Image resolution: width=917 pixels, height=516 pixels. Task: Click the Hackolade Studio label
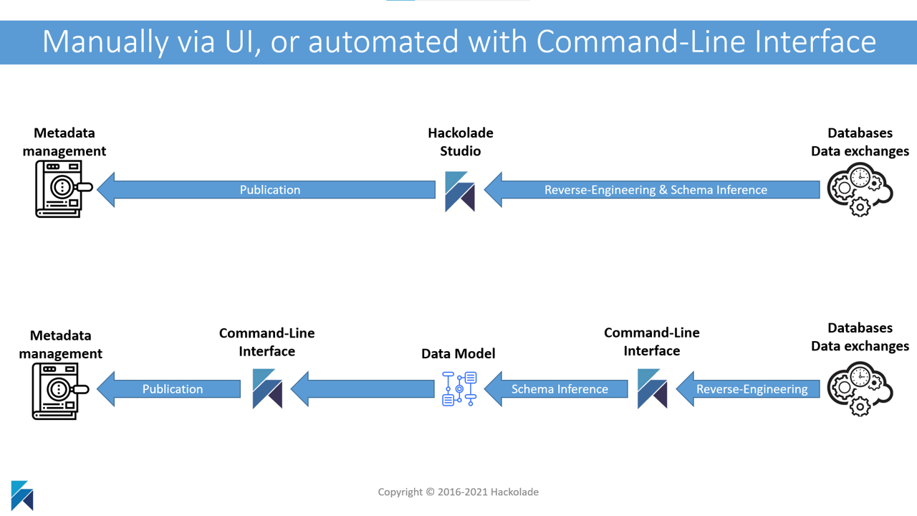[461, 142]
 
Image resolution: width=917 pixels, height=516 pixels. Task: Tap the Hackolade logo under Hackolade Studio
[460, 191]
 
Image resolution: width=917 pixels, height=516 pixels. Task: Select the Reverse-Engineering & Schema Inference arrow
[652, 190]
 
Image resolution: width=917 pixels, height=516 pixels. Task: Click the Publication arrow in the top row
[266, 190]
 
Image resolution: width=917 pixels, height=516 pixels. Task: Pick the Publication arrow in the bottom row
[168, 388]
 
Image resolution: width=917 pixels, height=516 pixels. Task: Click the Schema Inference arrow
[556, 388]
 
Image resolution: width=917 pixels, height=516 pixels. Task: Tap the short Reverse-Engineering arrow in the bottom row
[748, 388]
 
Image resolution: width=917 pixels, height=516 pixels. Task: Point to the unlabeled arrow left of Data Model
[363, 388]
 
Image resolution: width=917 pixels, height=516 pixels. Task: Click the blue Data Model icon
[459, 388]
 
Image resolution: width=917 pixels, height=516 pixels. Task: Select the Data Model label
[458, 353]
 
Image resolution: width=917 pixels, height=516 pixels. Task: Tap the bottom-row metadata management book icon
[60, 391]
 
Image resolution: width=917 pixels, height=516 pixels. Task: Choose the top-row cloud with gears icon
[860, 189]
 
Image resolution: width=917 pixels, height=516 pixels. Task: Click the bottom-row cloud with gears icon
[860, 388]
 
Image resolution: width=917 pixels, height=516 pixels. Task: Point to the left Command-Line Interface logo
[267, 388]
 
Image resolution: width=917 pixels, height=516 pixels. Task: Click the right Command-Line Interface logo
[652, 388]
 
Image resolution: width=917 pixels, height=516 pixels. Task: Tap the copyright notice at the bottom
[458, 492]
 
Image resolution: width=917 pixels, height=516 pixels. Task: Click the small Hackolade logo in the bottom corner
[22, 495]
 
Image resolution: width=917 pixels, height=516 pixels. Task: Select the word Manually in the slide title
[105, 42]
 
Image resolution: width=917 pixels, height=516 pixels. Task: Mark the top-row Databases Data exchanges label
[860, 142]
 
